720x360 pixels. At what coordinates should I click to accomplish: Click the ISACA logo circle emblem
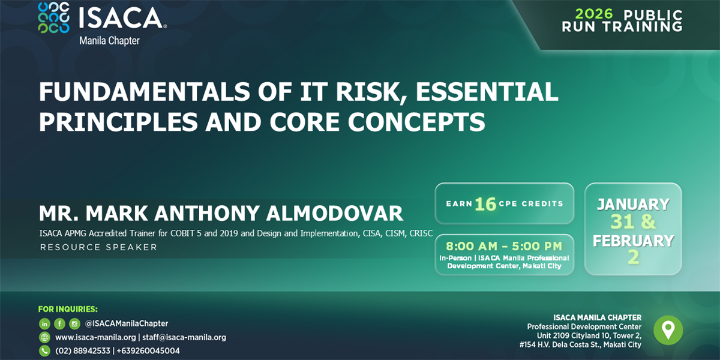coord(53,17)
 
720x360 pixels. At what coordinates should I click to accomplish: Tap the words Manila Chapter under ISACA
coord(109,41)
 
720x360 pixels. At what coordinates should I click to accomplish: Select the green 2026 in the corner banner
coord(594,14)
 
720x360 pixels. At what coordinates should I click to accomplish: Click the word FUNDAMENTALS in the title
coord(145,92)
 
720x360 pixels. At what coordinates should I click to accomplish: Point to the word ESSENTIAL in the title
coord(487,92)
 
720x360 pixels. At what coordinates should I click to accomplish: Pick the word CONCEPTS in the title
coord(416,122)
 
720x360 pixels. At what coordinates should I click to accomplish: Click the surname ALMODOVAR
coord(335,213)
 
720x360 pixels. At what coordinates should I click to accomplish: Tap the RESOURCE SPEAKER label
coord(98,247)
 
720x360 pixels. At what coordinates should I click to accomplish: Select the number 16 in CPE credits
coord(485,204)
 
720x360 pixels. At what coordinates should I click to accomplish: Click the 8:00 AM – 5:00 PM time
coord(504,246)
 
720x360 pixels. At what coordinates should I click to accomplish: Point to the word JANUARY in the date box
coord(633,205)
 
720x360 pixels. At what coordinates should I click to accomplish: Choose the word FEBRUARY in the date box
coord(633,241)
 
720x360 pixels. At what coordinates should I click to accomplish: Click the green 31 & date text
coord(633,222)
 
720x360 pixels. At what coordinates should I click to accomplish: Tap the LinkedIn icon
coord(44,323)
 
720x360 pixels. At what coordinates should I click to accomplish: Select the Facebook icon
coord(59,323)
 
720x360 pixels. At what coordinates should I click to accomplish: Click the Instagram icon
coord(74,323)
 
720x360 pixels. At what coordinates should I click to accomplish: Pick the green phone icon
coord(44,350)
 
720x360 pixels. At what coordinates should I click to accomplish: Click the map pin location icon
coord(668,330)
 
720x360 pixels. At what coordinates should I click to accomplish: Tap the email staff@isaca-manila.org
coord(184,337)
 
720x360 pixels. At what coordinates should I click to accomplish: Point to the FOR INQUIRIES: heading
coord(68,309)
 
